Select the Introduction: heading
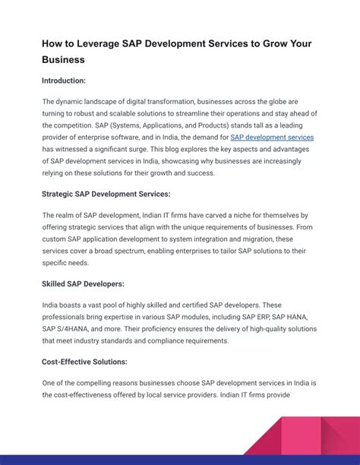click(64, 80)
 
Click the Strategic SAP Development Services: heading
click(106, 194)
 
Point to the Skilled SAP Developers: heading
click(83, 284)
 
